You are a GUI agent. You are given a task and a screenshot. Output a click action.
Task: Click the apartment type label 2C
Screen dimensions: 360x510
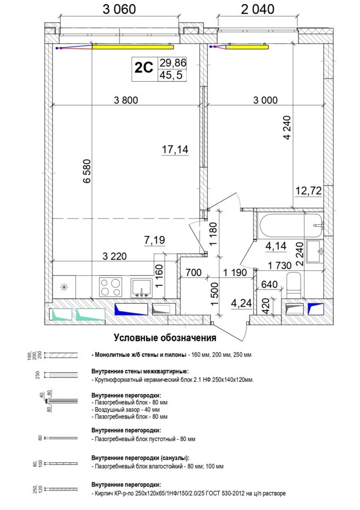[x=144, y=68]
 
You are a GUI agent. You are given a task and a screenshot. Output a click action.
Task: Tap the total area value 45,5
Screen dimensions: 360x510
[x=172, y=75]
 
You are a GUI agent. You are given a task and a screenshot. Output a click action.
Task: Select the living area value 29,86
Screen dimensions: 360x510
[x=173, y=62]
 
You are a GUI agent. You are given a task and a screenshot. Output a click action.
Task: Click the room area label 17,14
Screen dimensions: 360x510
[x=175, y=150]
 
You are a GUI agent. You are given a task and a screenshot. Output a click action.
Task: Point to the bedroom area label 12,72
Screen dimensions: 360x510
[x=308, y=191]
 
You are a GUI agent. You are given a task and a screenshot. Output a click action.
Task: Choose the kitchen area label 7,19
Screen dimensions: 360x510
[x=155, y=240]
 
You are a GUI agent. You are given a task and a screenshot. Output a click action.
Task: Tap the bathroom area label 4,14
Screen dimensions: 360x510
[x=276, y=246]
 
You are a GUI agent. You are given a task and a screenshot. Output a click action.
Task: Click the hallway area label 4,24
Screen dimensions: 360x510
[x=241, y=303]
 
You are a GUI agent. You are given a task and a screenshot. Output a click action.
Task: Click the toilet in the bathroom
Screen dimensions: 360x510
[x=294, y=285]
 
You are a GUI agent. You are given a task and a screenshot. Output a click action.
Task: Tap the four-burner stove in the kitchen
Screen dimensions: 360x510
[x=110, y=287]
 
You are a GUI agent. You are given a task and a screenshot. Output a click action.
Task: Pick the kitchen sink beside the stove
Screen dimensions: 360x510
[x=141, y=287]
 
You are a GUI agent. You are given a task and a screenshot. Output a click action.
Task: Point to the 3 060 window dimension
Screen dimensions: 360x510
[x=119, y=9]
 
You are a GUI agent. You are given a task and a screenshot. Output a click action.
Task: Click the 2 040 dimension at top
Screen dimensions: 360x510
[x=258, y=9]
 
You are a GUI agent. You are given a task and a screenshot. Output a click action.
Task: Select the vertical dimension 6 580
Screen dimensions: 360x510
[x=87, y=171]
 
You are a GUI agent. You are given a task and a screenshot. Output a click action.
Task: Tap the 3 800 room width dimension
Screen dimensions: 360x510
[x=126, y=100]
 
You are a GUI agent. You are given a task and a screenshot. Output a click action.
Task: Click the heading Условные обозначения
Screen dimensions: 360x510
[x=165, y=338]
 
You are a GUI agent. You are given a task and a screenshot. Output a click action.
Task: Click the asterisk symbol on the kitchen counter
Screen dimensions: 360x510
[x=64, y=286]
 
